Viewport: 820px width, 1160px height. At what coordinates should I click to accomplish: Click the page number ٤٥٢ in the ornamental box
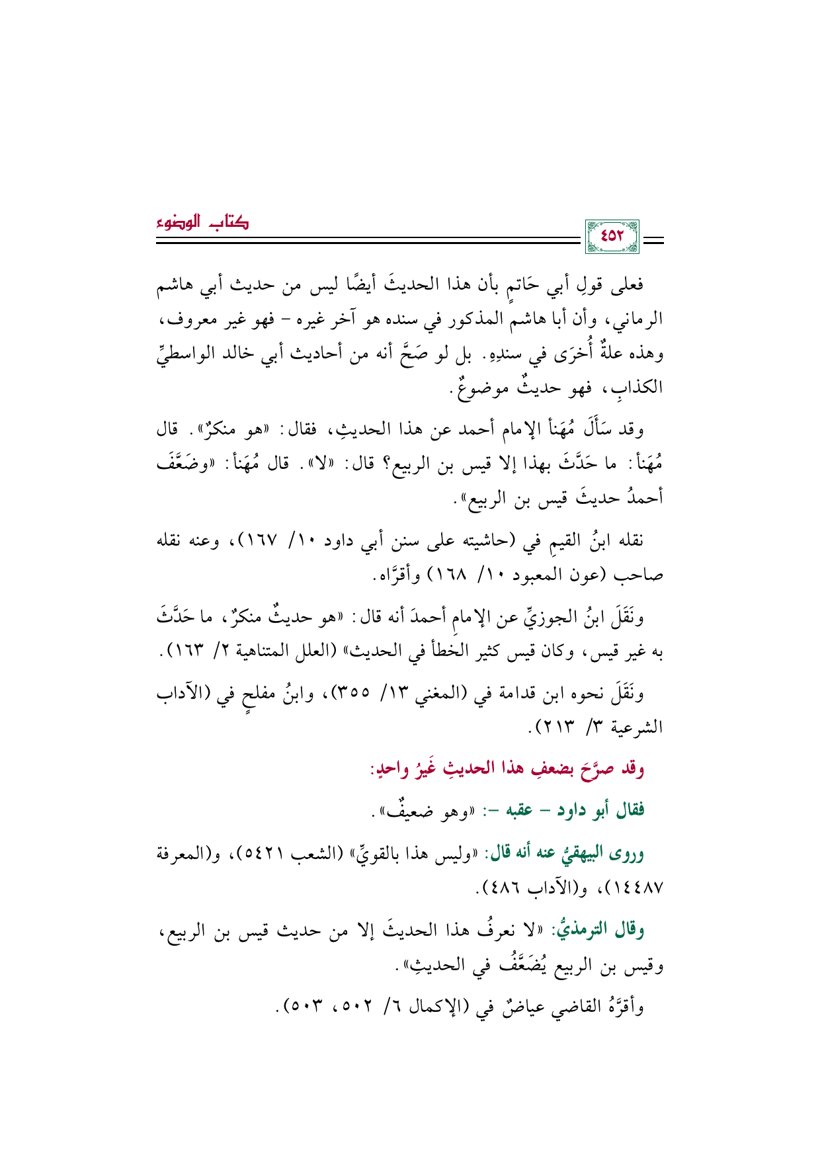tap(612, 235)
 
